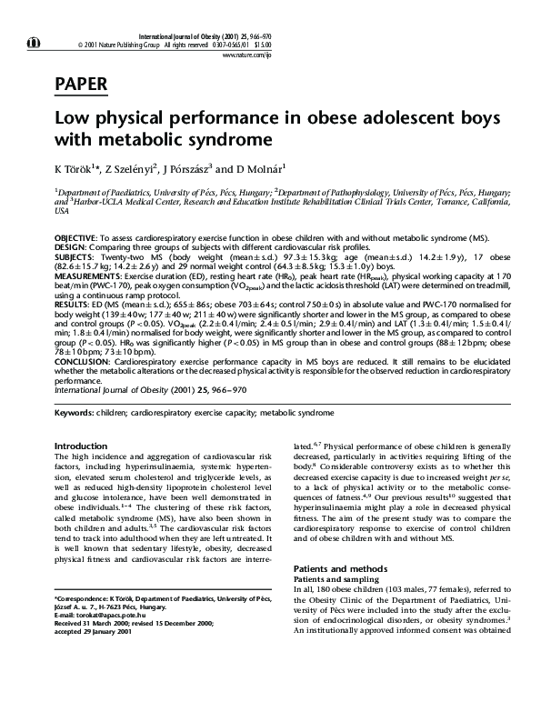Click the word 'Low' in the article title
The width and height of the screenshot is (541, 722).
(x=72, y=119)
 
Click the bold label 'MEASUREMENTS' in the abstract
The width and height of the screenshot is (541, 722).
(x=90, y=275)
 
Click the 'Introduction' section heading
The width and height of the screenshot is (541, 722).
(x=81, y=446)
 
